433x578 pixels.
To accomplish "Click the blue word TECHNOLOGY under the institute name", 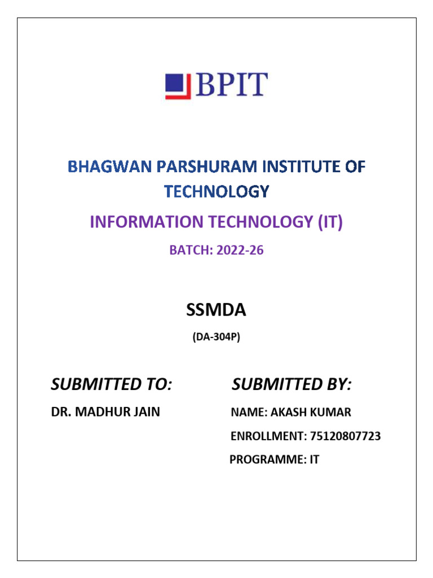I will coord(216,192).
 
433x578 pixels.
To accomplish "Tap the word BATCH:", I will coord(189,251).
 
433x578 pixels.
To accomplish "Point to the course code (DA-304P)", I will coord(216,339).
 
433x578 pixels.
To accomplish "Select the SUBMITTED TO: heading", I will coord(111,385).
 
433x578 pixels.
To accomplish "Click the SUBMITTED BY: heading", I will coord(291,385).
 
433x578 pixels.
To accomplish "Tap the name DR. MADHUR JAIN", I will coord(105,412).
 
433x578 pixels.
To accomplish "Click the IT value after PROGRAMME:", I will coord(313,460).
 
